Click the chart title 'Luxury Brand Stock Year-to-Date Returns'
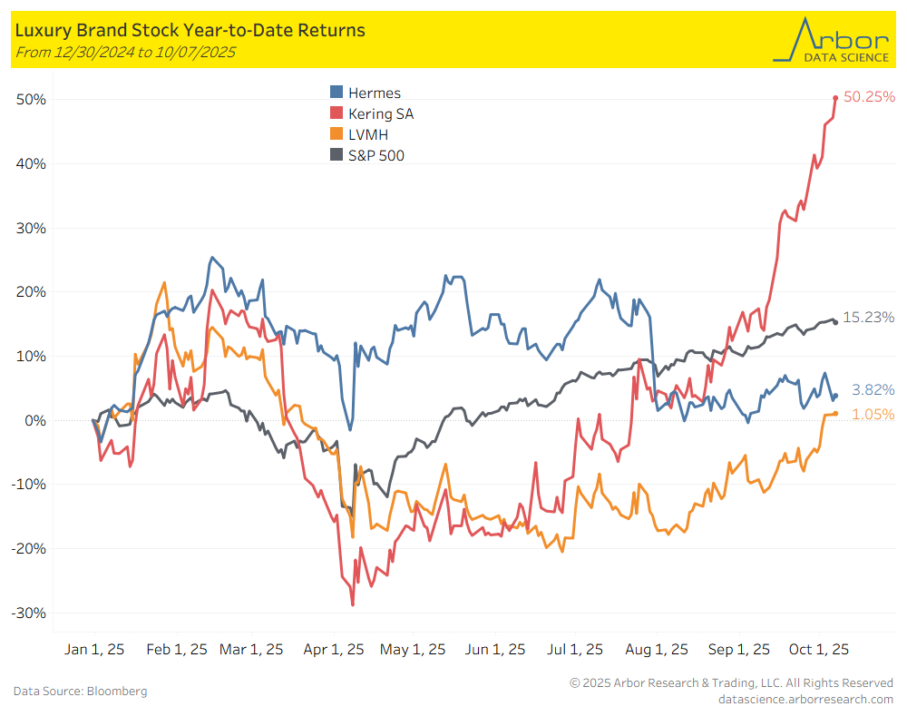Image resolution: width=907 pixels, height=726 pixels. tap(190, 30)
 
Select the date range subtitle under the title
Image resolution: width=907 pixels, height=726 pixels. tap(125, 53)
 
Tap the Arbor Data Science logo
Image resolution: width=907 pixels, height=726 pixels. tap(831, 40)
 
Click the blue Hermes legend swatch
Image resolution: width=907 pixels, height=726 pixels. tap(336, 93)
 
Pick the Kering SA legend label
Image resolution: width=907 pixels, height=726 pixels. tap(381, 113)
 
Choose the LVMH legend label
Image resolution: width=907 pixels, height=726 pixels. tap(369, 134)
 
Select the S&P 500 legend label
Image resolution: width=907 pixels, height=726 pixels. tap(376, 155)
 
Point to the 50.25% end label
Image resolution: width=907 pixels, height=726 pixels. tap(869, 96)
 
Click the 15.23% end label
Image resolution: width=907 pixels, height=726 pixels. tap(869, 317)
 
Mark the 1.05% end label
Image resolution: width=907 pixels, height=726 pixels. tap(869, 414)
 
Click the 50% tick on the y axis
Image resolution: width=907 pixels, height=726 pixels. tap(30, 99)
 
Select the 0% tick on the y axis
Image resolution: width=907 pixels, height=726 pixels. tap(34, 420)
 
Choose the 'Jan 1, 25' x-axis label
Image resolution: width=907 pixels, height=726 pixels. tap(94, 650)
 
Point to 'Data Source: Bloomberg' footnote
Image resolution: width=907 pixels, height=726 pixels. tap(80, 692)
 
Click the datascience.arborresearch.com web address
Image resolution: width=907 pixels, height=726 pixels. tap(805, 699)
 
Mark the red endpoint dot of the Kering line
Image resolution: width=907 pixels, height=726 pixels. tap(835, 98)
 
